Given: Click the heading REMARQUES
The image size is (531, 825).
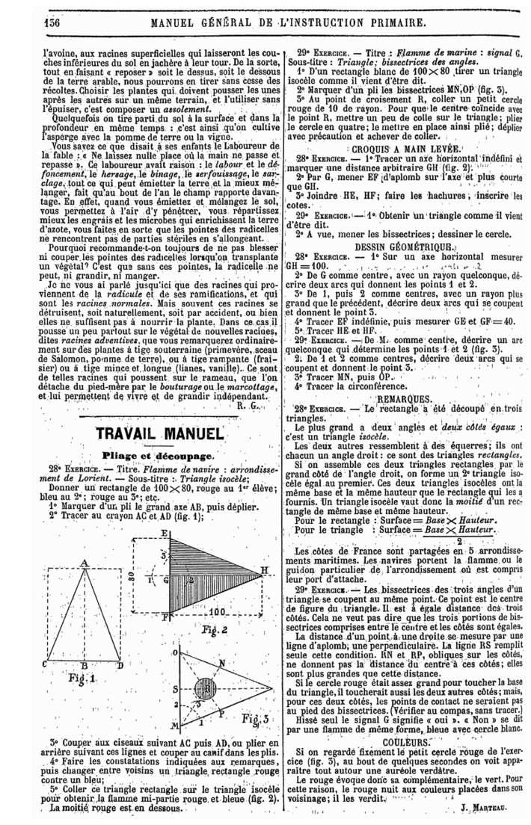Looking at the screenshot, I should pyautogui.click(x=402, y=399).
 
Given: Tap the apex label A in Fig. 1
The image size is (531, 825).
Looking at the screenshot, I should pyautogui.click(x=84, y=563).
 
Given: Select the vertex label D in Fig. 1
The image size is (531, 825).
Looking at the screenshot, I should pyautogui.click(x=121, y=664).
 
